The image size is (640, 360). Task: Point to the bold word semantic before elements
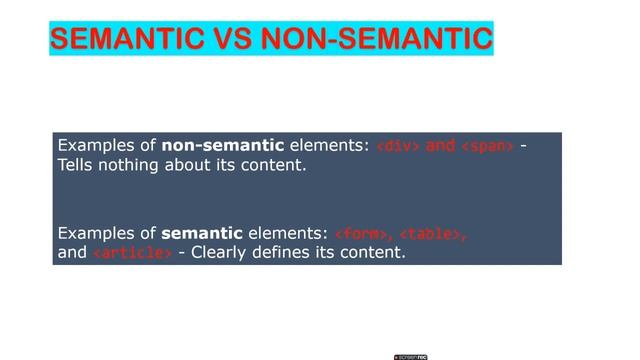point(199,234)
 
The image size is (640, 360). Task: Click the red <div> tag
point(398,147)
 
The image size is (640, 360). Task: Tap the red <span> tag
point(487,147)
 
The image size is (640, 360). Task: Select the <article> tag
point(132,253)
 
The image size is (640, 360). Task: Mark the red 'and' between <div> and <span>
point(441,146)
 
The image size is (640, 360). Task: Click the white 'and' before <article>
point(72,253)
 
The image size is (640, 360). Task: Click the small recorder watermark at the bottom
point(410,355)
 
